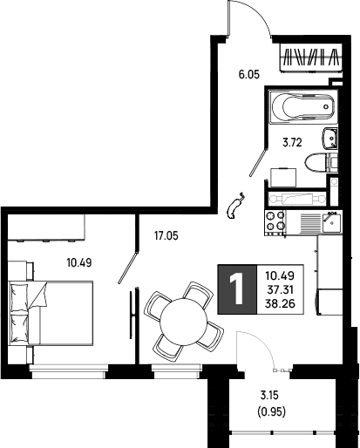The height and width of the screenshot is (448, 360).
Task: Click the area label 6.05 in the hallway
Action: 249,75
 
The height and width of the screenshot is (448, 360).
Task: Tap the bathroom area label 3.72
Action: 293,143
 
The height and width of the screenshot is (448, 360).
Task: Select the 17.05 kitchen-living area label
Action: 166,236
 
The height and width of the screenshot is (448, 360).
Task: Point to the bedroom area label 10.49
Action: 79,263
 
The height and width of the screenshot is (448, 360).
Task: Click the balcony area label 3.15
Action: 269,395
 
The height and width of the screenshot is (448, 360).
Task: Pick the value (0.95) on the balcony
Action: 272,411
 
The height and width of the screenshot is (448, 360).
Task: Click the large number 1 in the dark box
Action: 237,289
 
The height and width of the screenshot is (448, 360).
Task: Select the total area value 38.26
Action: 280,304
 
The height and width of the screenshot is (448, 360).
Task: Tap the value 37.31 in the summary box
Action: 280,289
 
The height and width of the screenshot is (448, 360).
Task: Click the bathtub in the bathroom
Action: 303,106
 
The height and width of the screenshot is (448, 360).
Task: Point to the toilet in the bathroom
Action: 321,163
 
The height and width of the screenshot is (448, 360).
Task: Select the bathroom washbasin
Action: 329,138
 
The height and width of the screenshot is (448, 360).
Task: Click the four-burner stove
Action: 275,222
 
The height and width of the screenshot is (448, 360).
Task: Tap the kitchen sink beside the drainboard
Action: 331,223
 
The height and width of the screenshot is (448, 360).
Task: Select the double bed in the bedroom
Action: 51,313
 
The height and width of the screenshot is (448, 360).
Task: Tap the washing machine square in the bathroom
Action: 283,178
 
